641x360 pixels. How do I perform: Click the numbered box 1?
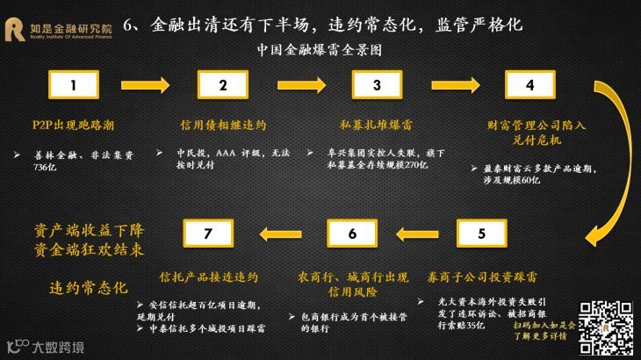click(x=73, y=84)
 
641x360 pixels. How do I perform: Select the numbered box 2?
click(x=223, y=84)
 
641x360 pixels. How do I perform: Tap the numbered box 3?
click(x=377, y=84)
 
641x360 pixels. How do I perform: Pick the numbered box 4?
click(x=529, y=84)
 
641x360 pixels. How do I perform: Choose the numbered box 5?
click(x=479, y=234)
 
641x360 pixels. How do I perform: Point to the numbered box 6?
click(x=352, y=234)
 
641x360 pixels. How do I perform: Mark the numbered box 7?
click(x=207, y=234)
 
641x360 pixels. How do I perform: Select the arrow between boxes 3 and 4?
click(x=453, y=84)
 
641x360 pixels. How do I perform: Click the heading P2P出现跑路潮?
click(x=68, y=124)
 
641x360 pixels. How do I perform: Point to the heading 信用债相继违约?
click(x=222, y=124)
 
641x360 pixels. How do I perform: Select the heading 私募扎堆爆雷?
click(x=376, y=124)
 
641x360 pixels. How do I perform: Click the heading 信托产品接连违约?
click(x=208, y=277)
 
